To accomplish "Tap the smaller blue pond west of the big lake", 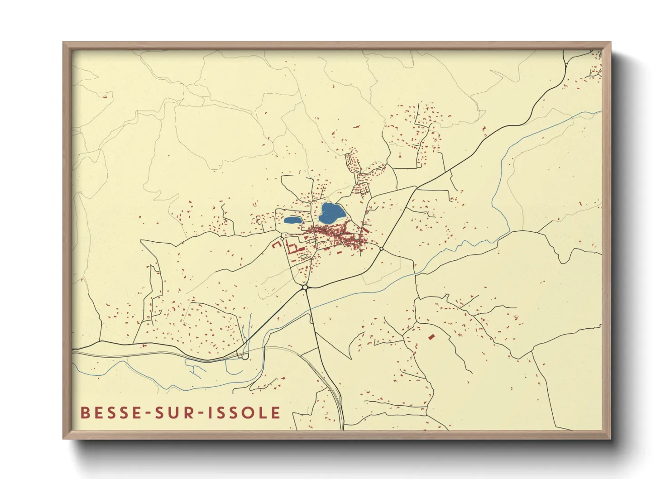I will [x=293, y=221].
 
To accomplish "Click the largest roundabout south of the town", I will [x=305, y=287].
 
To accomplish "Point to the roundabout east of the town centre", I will [x=382, y=249].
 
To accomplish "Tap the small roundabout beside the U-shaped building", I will [x=282, y=239].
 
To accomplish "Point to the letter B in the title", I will [x=85, y=412].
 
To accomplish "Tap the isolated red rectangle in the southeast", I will [x=431, y=336].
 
